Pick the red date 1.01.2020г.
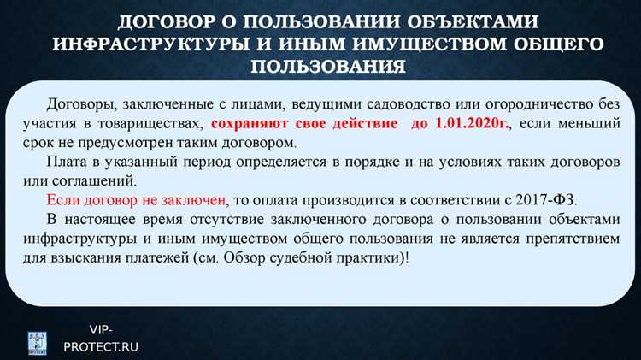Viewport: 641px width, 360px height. coord(462,124)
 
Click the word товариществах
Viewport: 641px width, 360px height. coord(154,124)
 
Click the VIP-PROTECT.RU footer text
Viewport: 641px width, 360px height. coord(102,338)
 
